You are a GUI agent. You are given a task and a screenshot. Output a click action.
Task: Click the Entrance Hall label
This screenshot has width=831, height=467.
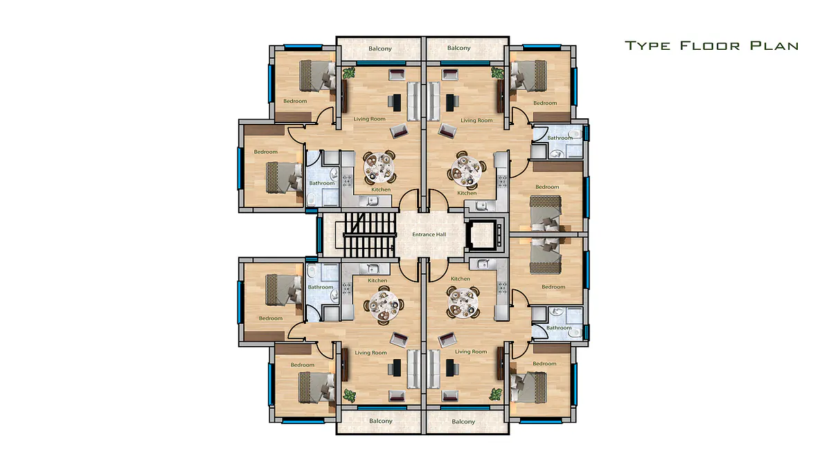pos(429,235)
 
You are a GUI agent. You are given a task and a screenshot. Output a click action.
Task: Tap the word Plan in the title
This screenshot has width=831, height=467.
pos(774,46)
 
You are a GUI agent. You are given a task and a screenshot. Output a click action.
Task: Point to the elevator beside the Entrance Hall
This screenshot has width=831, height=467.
pos(484,235)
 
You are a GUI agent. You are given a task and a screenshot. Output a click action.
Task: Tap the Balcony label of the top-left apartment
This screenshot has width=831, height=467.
pos(380,48)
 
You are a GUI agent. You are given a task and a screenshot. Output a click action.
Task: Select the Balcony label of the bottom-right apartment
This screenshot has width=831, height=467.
pos(463,421)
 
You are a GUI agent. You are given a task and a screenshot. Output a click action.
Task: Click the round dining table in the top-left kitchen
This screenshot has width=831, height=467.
pos(379,168)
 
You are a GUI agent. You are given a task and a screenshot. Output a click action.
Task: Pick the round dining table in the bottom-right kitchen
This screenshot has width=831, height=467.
pos(463,302)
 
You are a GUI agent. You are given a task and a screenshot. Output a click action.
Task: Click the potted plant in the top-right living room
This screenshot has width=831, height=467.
pos(497,72)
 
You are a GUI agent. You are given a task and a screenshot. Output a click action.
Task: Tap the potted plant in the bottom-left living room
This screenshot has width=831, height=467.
pos(349,396)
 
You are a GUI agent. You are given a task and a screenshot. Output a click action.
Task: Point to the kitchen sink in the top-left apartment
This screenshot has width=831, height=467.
pos(372,201)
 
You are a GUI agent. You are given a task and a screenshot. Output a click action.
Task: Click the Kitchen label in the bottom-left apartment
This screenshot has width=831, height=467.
pos(377,281)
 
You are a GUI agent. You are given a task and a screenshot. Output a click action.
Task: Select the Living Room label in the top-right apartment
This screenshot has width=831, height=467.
pos(476,120)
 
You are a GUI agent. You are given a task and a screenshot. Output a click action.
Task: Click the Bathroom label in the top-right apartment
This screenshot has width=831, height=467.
pos(560,138)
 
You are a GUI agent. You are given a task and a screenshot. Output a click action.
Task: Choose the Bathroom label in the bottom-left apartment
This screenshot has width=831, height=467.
pos(321,287)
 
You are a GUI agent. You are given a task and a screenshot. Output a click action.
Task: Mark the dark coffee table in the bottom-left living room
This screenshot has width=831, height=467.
pos(397,367)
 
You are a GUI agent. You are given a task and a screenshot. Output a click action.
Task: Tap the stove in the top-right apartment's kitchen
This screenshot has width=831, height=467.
pos(502,181)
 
